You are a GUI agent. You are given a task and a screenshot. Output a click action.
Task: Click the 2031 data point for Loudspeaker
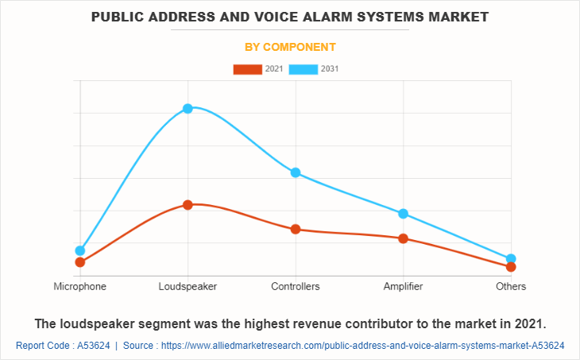tap(188, 108)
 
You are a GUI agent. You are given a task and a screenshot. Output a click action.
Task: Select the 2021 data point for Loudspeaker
tap(188, 205)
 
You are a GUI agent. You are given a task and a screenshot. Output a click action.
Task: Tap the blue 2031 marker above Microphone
tap(79, 250)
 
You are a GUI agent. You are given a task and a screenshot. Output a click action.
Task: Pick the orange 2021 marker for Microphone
tap(79, 262)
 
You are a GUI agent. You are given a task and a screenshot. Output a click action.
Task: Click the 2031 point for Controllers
tap(296, 172)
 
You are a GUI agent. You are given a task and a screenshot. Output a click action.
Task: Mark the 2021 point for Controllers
tap(296, 229)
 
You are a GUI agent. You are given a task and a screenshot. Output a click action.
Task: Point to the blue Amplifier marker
tap(403, 214)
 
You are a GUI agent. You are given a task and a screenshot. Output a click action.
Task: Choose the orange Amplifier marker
tap(403, 238)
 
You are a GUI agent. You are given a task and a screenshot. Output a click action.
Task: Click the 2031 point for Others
tap(511, 258)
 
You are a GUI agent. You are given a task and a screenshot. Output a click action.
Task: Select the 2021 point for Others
tap(511, 267)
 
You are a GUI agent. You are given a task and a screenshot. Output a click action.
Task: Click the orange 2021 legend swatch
tap(248, 69)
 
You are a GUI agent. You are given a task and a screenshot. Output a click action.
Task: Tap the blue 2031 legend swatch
tap(304, 69)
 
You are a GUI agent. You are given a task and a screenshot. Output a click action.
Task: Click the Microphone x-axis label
tap(79, 286)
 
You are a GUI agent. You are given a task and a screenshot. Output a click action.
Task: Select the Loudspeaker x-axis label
tap(188, 286)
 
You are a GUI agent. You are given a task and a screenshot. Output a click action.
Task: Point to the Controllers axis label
tap(296, 286)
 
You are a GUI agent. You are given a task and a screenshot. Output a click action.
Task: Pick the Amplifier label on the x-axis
tap(403, 286)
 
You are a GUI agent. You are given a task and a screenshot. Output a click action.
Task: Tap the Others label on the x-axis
tap(511, 286)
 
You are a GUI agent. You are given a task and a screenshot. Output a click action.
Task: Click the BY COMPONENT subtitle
tap(290, 47)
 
